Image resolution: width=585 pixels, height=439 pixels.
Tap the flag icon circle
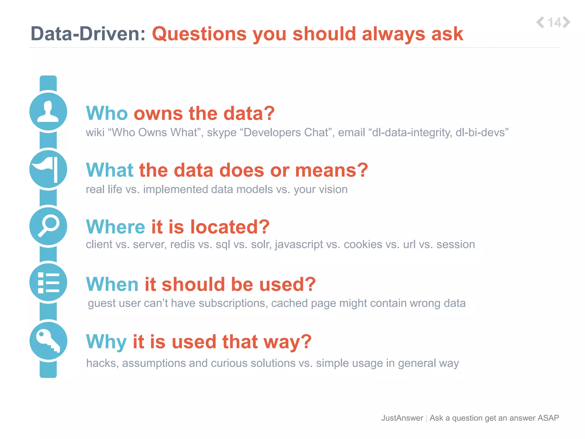48,169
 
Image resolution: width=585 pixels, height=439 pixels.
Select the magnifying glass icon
48,226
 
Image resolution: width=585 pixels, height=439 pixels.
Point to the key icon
48,341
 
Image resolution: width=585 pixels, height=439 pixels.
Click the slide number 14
554,23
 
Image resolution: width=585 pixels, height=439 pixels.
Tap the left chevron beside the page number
540,22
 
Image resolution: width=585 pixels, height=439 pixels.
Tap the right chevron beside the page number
567,22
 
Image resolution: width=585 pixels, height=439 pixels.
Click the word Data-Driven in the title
88,34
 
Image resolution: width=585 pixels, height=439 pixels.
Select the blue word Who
107,113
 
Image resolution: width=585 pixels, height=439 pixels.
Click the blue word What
110,170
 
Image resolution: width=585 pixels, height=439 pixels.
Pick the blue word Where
116,227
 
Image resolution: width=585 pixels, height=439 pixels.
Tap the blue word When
112,284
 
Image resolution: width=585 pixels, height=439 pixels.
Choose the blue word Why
106,342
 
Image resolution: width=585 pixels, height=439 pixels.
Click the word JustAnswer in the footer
402,418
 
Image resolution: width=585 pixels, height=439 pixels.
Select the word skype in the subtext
222,133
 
